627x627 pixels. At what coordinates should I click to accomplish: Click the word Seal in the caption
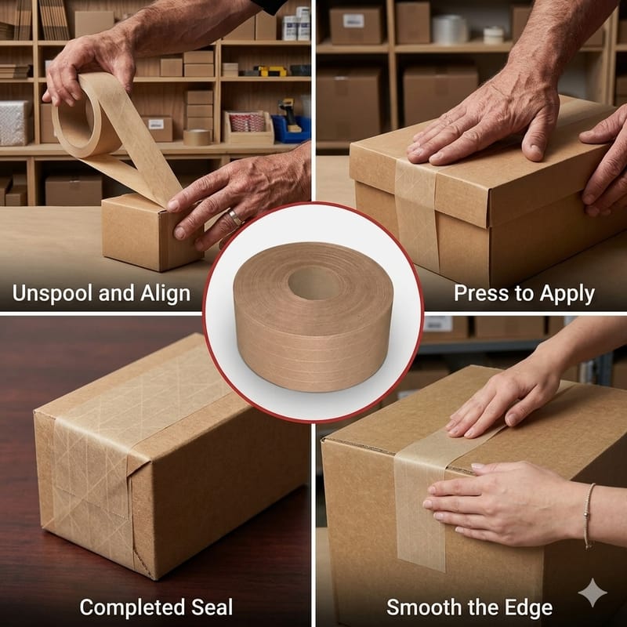[x=212, y=607]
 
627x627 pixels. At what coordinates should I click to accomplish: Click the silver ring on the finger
[x=234, y=217]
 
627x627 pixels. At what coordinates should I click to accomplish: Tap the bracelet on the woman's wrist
[x=587, y=516]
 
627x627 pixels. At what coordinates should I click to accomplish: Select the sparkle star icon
[x=593, y=593]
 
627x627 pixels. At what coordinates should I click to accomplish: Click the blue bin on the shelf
[x=291, y=129]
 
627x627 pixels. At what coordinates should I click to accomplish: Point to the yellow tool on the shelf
[x=271, y=71]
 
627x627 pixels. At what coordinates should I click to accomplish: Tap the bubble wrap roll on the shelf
[x=15, y=123]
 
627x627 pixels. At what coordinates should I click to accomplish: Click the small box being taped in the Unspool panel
[x=152, y=232]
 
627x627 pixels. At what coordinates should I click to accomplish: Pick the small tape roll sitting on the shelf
[x=197, y=138]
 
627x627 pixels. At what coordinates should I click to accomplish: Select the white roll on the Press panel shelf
[x=449, y=29]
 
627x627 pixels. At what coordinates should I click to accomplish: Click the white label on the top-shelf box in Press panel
[x=353, y=20]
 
